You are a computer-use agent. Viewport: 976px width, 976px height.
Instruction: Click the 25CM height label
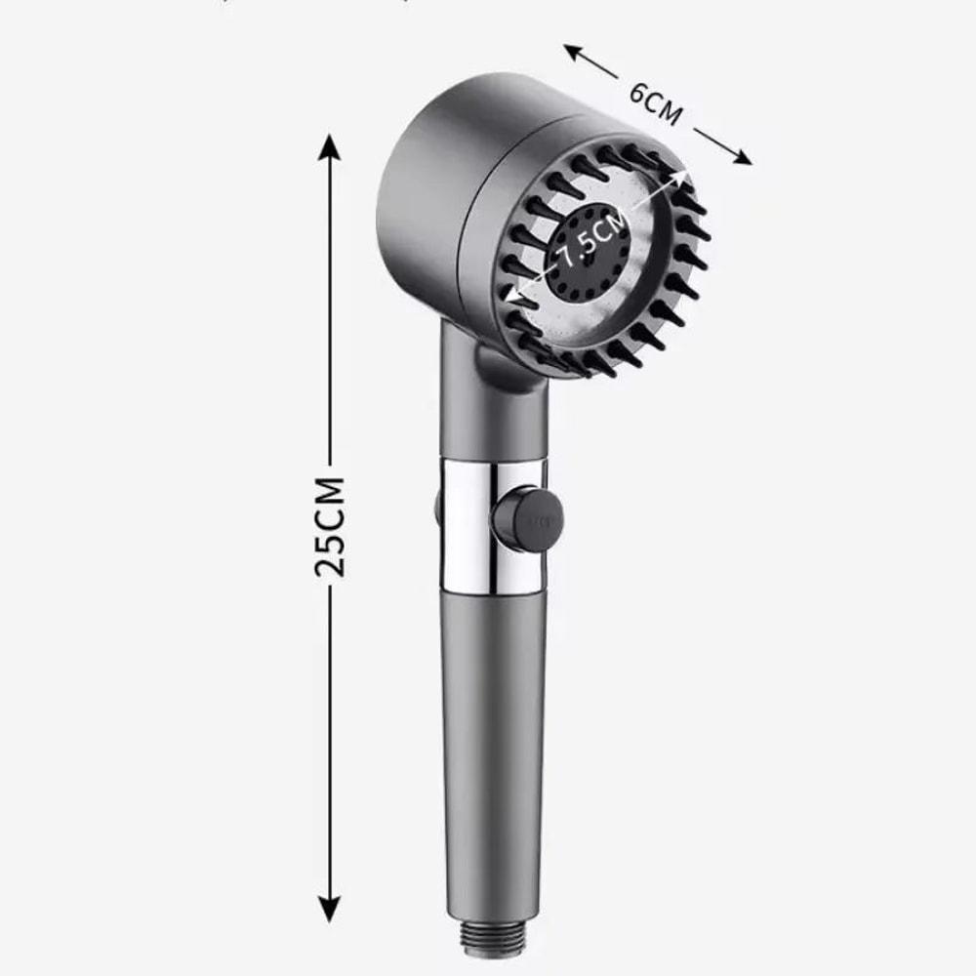(x=331, y=526)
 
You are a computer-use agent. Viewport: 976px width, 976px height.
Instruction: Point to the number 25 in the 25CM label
(x=331, y=555)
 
